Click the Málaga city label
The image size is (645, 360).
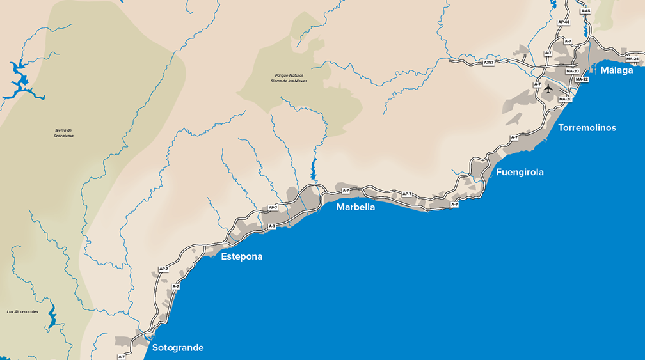(616, 70)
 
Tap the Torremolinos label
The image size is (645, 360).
(587, 128)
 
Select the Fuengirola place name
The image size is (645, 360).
(520, 172)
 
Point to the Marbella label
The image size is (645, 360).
(356, 207)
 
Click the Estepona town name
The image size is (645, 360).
(242, 256)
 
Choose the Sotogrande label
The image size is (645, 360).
(178, 348)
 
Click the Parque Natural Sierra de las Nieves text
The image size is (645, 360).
(289, 79)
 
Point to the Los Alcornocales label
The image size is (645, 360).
(22, 312)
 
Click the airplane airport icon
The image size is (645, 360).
(547, 89)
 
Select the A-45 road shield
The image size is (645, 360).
(585, 11)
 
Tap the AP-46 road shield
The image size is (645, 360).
(563, 22)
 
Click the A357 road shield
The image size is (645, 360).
(488, 63)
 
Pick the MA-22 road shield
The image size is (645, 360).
(582, 79)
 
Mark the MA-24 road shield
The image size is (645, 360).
(632, 59)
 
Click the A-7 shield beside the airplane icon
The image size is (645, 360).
(537, 84)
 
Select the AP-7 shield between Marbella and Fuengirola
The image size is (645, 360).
(406, 194)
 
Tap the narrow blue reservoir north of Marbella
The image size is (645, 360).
(314, 169)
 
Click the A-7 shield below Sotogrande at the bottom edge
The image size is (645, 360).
(122, 356)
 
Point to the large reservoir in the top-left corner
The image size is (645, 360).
(19, 80)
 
